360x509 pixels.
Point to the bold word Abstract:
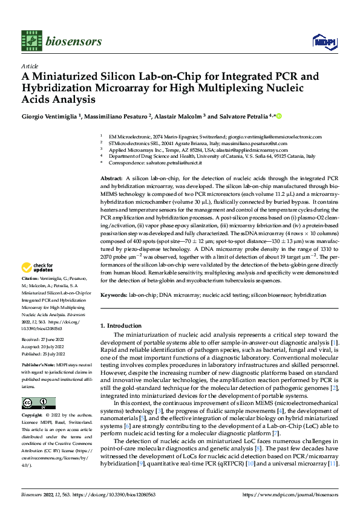pyautogui.click(x=111, y=180)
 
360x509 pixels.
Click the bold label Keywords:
pyautogui.click(x=113, y=294)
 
